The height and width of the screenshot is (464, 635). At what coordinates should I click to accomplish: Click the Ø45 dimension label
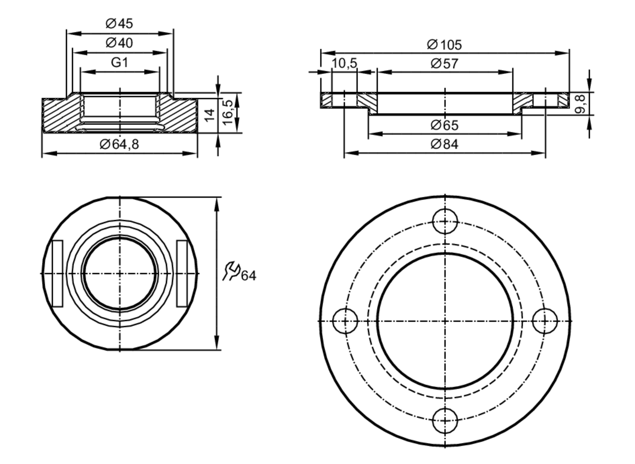[119, 23]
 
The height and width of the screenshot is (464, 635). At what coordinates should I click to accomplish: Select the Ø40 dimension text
[119, 43]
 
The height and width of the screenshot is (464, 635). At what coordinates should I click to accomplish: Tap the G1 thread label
[120, 62]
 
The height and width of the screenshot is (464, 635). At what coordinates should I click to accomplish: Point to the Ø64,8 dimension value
[119, 144]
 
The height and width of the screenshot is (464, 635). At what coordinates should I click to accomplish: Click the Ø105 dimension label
[444, 45]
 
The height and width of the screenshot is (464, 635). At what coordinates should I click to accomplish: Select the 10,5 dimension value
[344, 63]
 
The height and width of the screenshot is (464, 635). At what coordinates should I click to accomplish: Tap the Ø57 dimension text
[444, 64]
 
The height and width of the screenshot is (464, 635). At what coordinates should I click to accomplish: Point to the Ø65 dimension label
[444, 125]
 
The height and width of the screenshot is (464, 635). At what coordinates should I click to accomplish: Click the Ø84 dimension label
[444, 144]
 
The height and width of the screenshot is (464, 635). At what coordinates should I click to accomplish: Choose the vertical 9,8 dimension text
[580, 104]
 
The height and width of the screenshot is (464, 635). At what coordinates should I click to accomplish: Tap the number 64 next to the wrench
[249, 276]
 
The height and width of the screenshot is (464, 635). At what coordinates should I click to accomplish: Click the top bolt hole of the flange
[445, 221]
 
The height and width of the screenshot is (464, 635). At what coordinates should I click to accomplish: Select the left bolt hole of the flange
[345, 321]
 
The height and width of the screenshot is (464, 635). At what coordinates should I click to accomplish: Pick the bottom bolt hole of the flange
[445, 421]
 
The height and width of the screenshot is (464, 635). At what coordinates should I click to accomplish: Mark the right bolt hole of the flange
[545, 321]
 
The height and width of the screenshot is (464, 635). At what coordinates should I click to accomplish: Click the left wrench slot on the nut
[57, 273]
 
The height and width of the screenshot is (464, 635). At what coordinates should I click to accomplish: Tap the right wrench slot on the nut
[182, 273]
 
